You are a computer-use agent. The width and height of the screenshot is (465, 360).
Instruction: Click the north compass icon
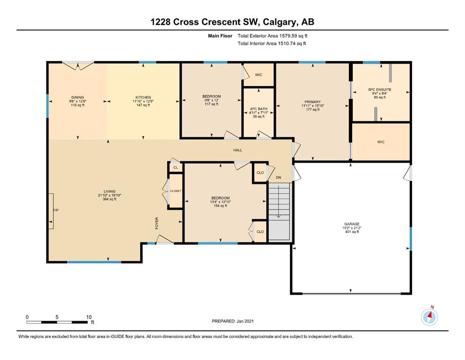429,317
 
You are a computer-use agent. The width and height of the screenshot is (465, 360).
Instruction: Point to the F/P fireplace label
56,210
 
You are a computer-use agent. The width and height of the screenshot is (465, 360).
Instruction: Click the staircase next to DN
279,211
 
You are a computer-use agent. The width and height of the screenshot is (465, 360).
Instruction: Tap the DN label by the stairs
278,178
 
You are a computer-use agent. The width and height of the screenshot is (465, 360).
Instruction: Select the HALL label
237,150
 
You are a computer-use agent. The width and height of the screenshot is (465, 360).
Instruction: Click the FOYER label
157,223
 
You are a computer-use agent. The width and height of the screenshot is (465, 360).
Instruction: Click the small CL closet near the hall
176,168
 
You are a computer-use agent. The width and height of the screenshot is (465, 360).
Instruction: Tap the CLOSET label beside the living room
176,191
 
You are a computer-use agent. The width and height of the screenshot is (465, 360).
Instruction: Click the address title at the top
232,22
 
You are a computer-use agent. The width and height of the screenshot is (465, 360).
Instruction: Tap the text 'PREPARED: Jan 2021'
232,321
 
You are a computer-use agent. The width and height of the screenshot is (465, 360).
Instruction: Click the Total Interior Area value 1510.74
288,43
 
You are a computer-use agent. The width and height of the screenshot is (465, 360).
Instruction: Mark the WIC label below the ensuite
381,142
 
